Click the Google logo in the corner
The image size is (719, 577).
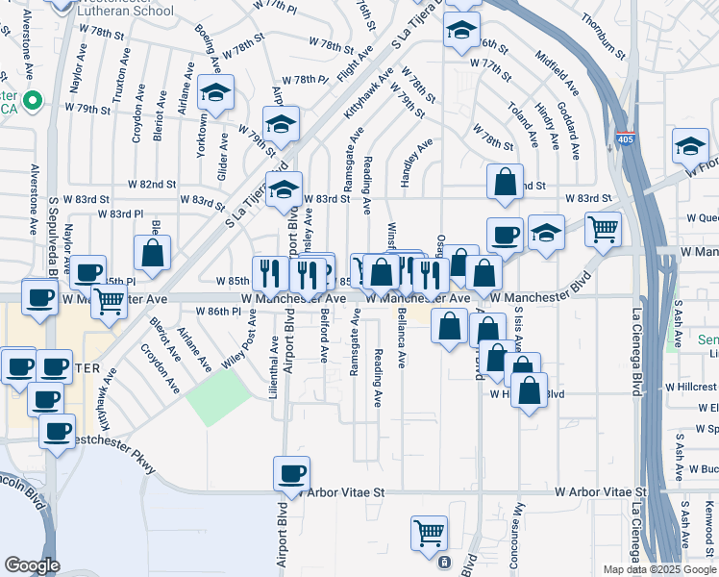32,565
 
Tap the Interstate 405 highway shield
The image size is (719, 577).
625,139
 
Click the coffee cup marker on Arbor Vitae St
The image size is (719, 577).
291,473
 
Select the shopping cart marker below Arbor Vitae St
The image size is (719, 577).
429,533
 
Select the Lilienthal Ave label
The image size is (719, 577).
274,354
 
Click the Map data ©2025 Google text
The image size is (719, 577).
659,569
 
